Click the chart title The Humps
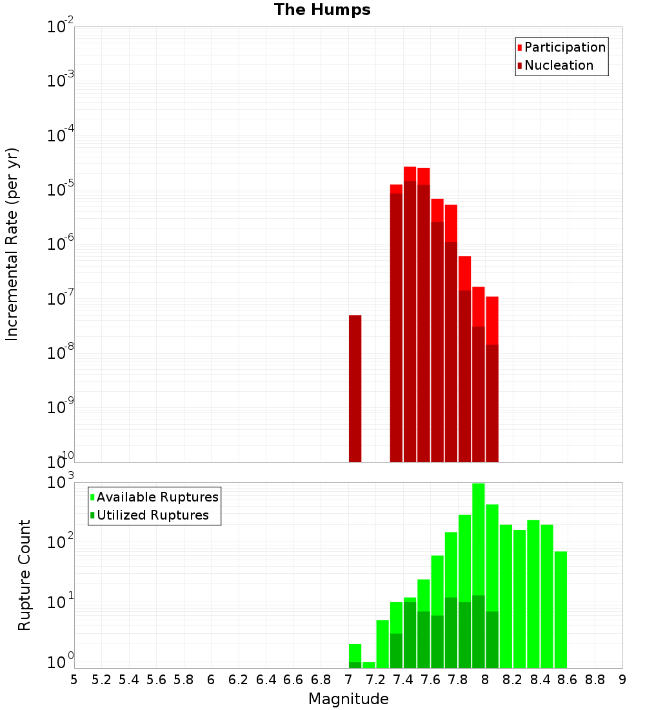tap(322, 10)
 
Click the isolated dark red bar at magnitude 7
tap(355, 387)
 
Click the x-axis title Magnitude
tap(348, 699)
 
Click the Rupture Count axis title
tap(25, 574)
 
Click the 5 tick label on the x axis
tap(74, 680)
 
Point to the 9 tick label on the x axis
tap(622, 680)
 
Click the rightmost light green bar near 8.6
tap(561, 610)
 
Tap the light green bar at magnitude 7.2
tap(369, 665)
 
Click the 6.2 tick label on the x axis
tap(238, 680)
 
